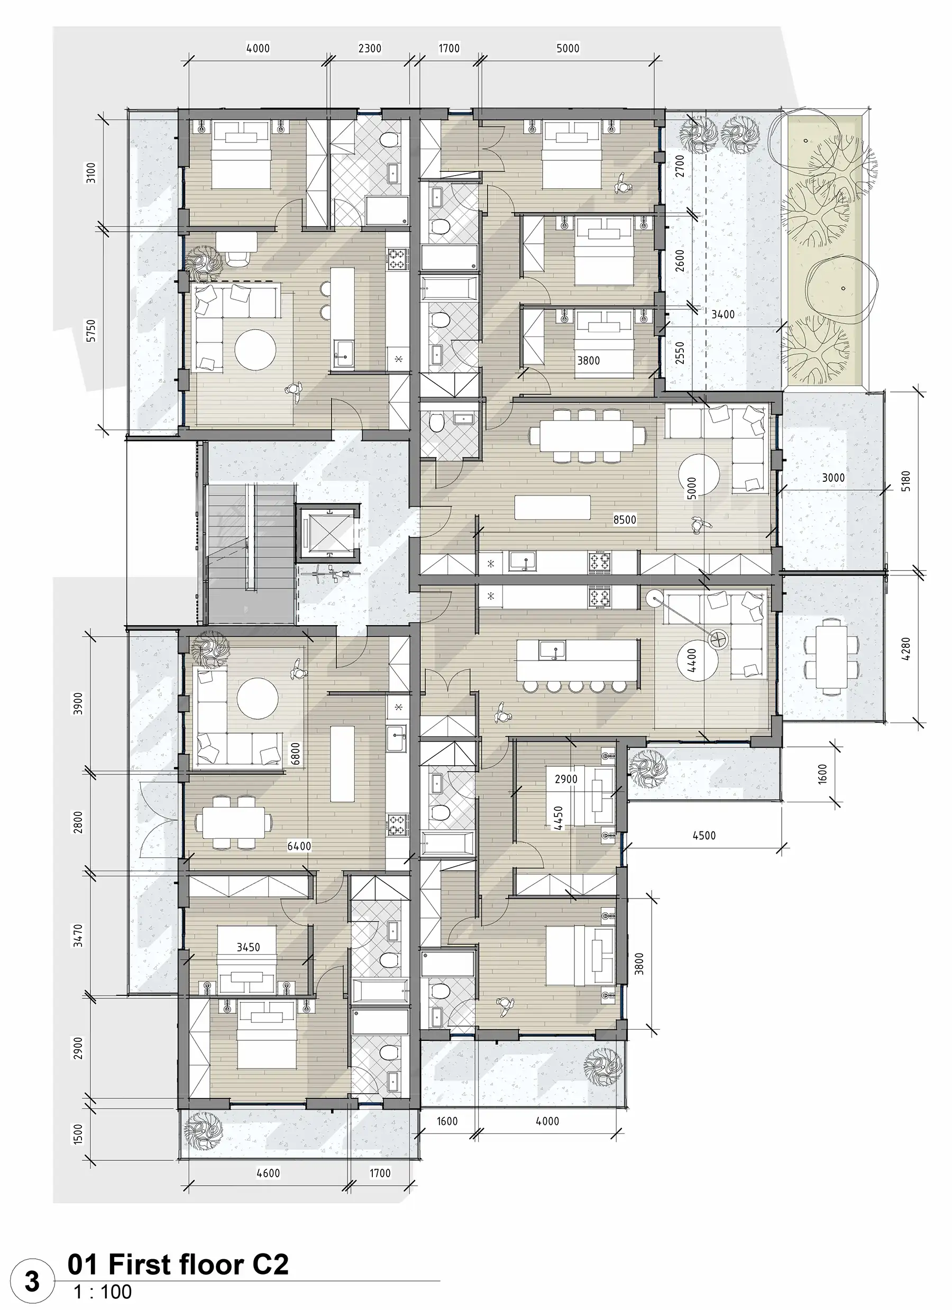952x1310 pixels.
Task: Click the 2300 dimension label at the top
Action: click(370, 49)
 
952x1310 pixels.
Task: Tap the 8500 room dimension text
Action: click(625, 520)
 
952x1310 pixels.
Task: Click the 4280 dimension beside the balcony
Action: click(905, 648)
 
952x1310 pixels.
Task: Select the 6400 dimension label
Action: click(299, 846)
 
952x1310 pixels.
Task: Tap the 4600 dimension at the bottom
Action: click(268, 1173)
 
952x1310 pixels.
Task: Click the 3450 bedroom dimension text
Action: click(249, 947)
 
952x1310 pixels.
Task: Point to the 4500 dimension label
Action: click(703, 835)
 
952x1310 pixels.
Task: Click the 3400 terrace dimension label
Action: click(722, 314)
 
